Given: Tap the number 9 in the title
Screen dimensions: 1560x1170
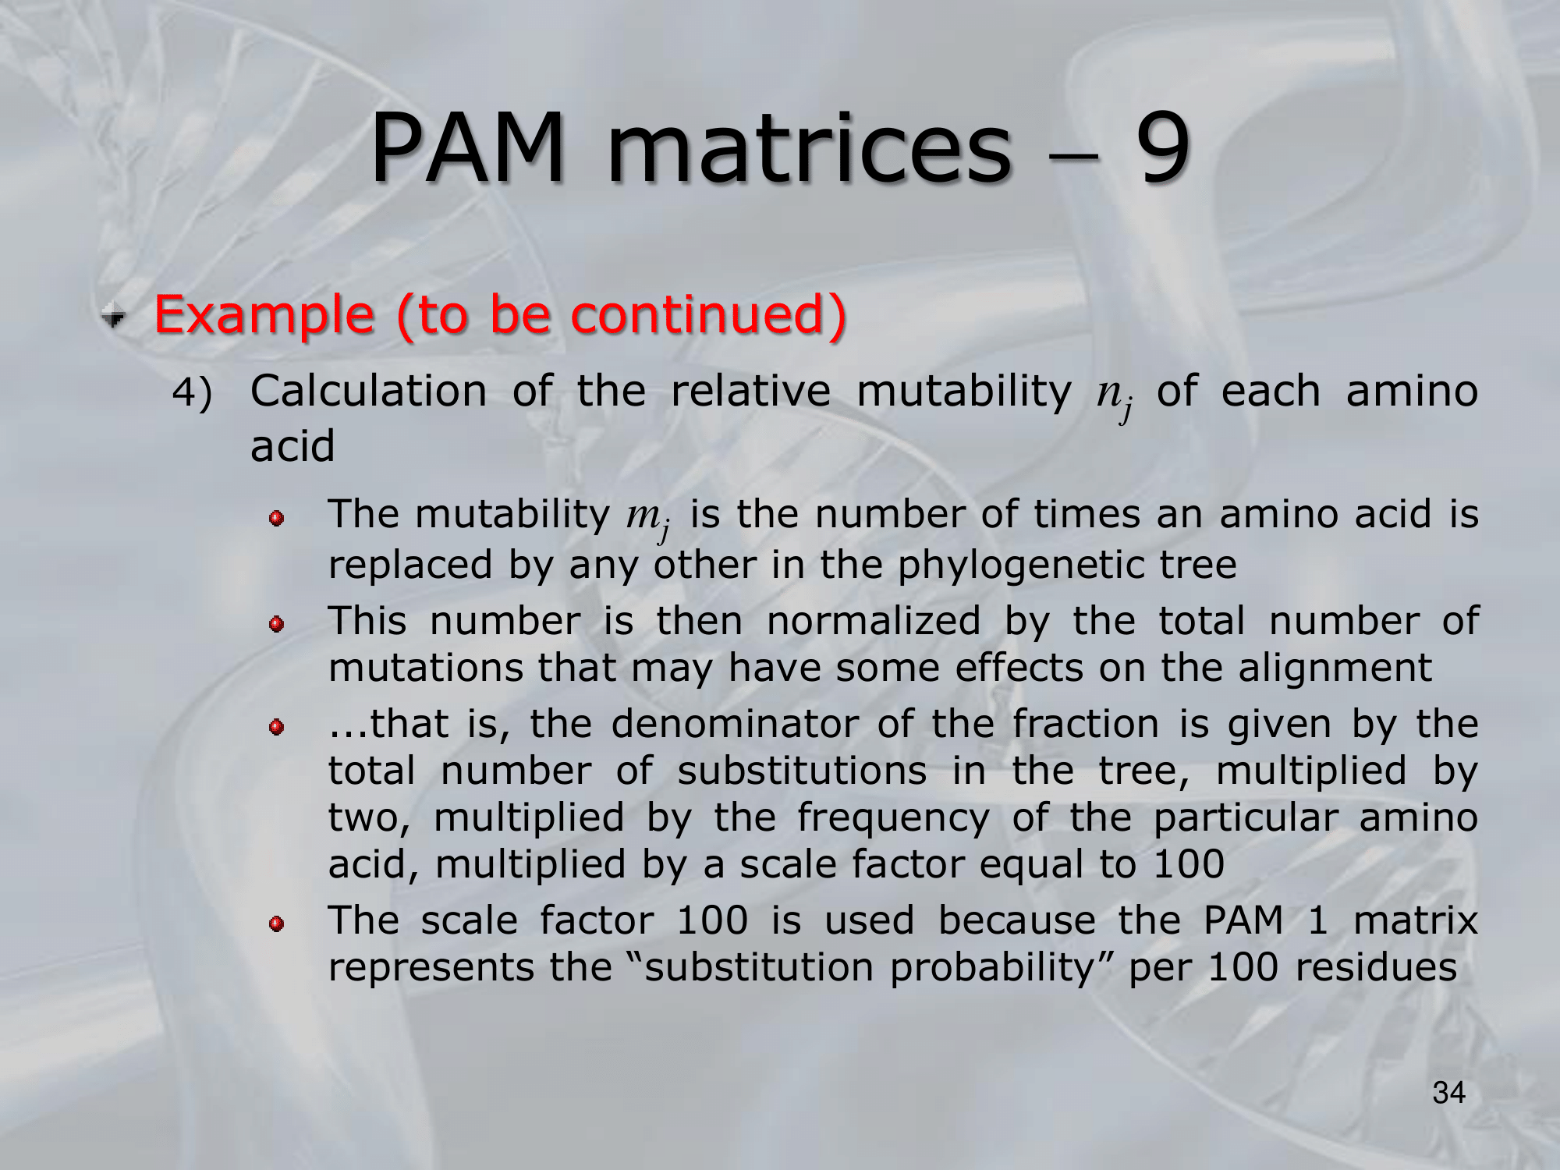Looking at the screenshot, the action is [1163, 147].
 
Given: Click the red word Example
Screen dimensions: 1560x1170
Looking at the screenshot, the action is [264, 316].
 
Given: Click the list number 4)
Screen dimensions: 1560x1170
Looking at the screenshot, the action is [192, 392].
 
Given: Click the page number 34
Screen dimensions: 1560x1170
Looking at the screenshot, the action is [1449, 1093].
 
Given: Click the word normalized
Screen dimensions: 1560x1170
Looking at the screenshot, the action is [873, 621].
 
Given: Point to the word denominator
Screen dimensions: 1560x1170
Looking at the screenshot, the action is [735, 724].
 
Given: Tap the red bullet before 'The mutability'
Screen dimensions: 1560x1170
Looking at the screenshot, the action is [275, 519].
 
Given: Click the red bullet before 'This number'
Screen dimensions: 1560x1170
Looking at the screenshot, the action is [275, 624].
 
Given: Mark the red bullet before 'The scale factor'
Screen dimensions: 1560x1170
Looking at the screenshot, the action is [275, 924].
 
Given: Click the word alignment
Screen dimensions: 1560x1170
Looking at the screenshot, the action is [1335, 669].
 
